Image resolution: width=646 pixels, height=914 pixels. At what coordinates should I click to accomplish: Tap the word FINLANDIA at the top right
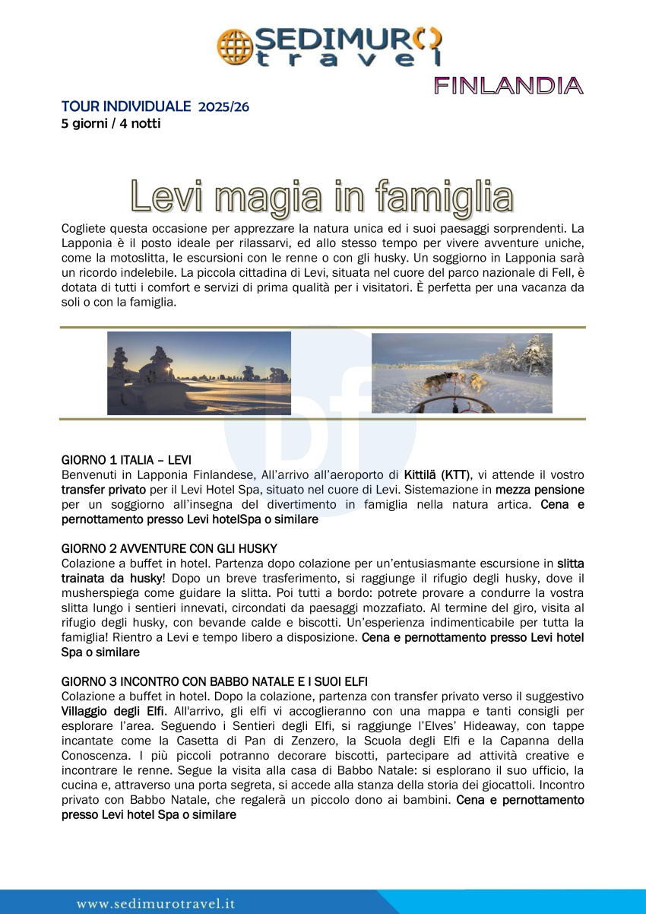click(508, 85)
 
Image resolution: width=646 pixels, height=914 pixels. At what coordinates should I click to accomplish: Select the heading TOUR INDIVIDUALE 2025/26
click(155, 106)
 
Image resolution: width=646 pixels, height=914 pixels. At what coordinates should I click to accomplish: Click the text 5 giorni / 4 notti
click(111, 123)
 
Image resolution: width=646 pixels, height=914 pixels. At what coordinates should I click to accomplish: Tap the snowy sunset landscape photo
click(199, 373)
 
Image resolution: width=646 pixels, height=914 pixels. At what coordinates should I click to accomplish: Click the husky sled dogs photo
click(461, 373)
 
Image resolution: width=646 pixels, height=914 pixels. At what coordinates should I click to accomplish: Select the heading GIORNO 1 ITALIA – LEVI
click(126, 460)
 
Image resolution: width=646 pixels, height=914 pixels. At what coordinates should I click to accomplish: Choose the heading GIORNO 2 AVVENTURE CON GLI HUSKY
click(169, 548)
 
